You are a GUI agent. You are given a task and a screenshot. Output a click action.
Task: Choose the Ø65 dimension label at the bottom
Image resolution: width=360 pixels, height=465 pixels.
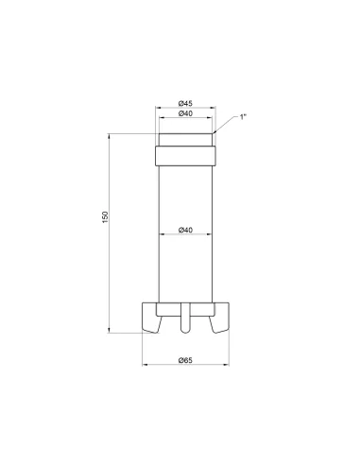(x=185, y=359)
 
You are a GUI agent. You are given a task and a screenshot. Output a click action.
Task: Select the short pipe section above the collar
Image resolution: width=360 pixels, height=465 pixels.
(x=185, y=137)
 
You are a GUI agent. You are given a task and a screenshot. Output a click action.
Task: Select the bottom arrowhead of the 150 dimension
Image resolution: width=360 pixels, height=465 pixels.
(x=113, y=330)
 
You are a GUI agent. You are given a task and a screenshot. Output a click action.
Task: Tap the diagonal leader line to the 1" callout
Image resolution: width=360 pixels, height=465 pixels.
(x=228, y=125)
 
